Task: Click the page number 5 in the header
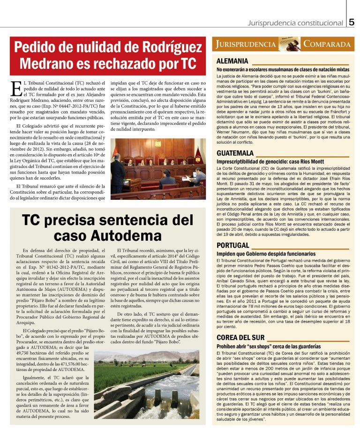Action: pyautogui.click(x=352, y=22)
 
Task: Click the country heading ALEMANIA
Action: pyautogui.click(x=232, y=61)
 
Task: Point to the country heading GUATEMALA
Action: pyautogui.click(x=235, y=153)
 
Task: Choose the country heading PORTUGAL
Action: pyautogui.click(x=232, y=245)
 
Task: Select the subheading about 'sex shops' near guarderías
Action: pyautogui.click(x=269, y=346)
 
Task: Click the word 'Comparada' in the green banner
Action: pyautogui.click(x=327, y=45)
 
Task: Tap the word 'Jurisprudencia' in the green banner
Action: pyautogui.click(x=246, y=45)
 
